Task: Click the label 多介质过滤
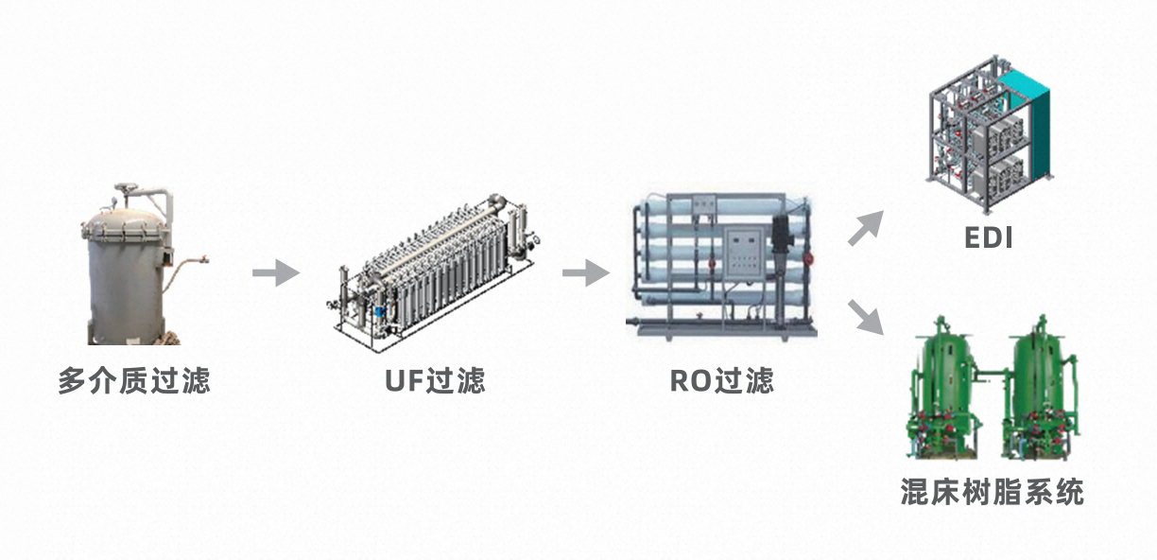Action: [x=133, y=381]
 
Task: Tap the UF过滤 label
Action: [x=435, y=381]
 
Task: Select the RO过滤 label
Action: [x=721, y=381]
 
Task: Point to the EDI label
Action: [x=988, y=238]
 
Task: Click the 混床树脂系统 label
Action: [x=992, y=493]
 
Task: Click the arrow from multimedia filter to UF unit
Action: [x=275, y=273]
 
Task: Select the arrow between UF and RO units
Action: [x=586, y=273]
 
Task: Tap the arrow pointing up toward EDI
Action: [x=865, y=229]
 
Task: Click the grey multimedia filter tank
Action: [x=128, y=274]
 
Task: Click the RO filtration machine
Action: [x=723, y=265]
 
